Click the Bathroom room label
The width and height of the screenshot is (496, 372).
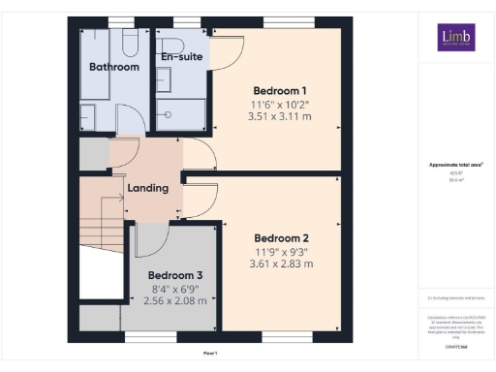(114, 67)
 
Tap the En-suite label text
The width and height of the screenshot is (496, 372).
(181, 57)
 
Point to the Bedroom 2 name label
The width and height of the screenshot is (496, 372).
(281, 237)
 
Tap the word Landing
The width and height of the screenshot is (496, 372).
(147, 187)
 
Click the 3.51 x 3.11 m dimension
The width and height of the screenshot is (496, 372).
(280, 116)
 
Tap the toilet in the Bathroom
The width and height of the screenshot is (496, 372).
(129, 43)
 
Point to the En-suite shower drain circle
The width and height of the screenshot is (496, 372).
(169, 112)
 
